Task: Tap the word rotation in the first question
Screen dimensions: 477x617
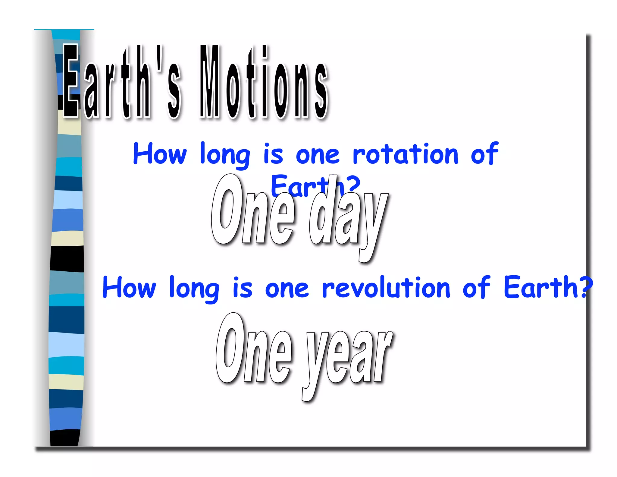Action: (406, 154)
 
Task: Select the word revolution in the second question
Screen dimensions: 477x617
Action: (386, 288)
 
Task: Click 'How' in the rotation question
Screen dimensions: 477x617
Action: (160, 154)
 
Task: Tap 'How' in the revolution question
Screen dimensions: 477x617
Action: (129, 288)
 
